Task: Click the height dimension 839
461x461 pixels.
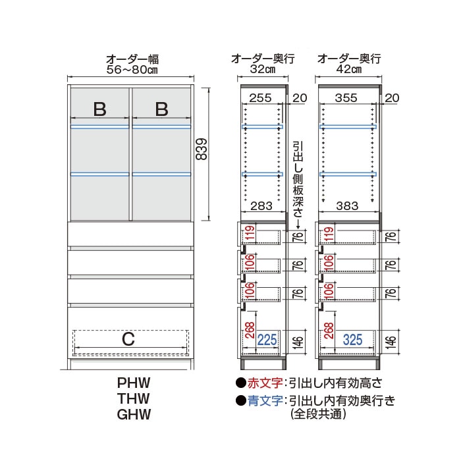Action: point(202,149)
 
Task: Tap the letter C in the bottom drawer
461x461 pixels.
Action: point(128,339)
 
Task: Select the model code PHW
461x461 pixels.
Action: point(134,383)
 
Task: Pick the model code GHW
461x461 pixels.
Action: point(134,414)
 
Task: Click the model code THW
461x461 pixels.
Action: point(134,398)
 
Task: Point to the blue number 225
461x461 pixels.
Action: point(267,340)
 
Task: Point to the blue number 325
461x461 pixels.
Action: point(352,340)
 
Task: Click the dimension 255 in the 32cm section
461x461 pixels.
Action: point(261,98)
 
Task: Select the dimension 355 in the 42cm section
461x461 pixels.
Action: point(346,98)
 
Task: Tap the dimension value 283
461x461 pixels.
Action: point(261,205)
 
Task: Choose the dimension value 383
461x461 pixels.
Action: point(347,205)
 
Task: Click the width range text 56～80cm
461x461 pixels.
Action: point(132,70)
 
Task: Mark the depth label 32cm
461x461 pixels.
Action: point(263,69)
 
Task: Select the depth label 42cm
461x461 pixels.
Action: point(348,69)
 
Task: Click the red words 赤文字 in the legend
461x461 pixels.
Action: point(265,383)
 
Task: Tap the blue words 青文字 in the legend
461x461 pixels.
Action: point(265,400)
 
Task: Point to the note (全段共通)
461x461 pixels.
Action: point(318,414)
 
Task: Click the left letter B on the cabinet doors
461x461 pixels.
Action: point(99,109)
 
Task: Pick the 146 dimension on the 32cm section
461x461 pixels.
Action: point(298,341)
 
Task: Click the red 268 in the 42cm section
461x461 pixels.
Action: point(329,331)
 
